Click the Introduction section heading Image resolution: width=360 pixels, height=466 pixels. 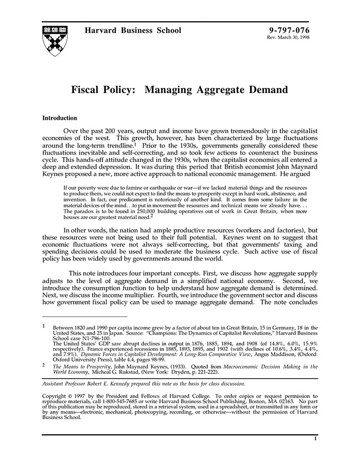click(60, 118)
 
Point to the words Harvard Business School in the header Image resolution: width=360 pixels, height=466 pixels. click(134, 30)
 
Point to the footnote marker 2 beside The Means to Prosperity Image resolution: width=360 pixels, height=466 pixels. click(44, 366)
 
